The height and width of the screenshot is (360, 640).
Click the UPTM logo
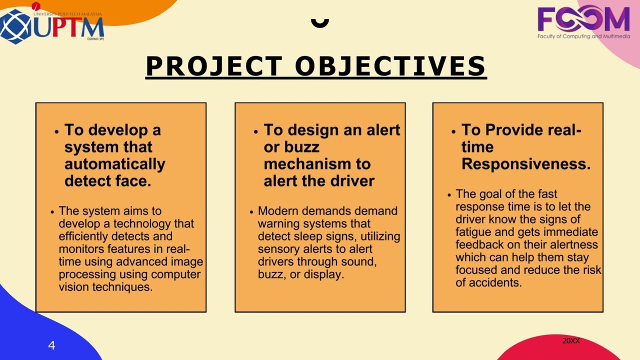tap(52, 25)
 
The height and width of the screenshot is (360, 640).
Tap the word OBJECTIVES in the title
tap(390, 66)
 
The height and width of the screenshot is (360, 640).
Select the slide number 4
tap(51, 345)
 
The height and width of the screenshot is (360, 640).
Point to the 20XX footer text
tap(570, 341)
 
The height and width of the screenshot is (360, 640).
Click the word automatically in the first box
tap(114, 164)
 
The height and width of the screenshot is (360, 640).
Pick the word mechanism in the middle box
tap(317, 164)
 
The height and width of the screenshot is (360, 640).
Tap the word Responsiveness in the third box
tap(525, 164)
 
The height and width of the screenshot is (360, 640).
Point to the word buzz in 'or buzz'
tap(301, 147)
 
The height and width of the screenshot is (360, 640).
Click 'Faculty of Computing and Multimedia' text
tap(583, 36)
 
